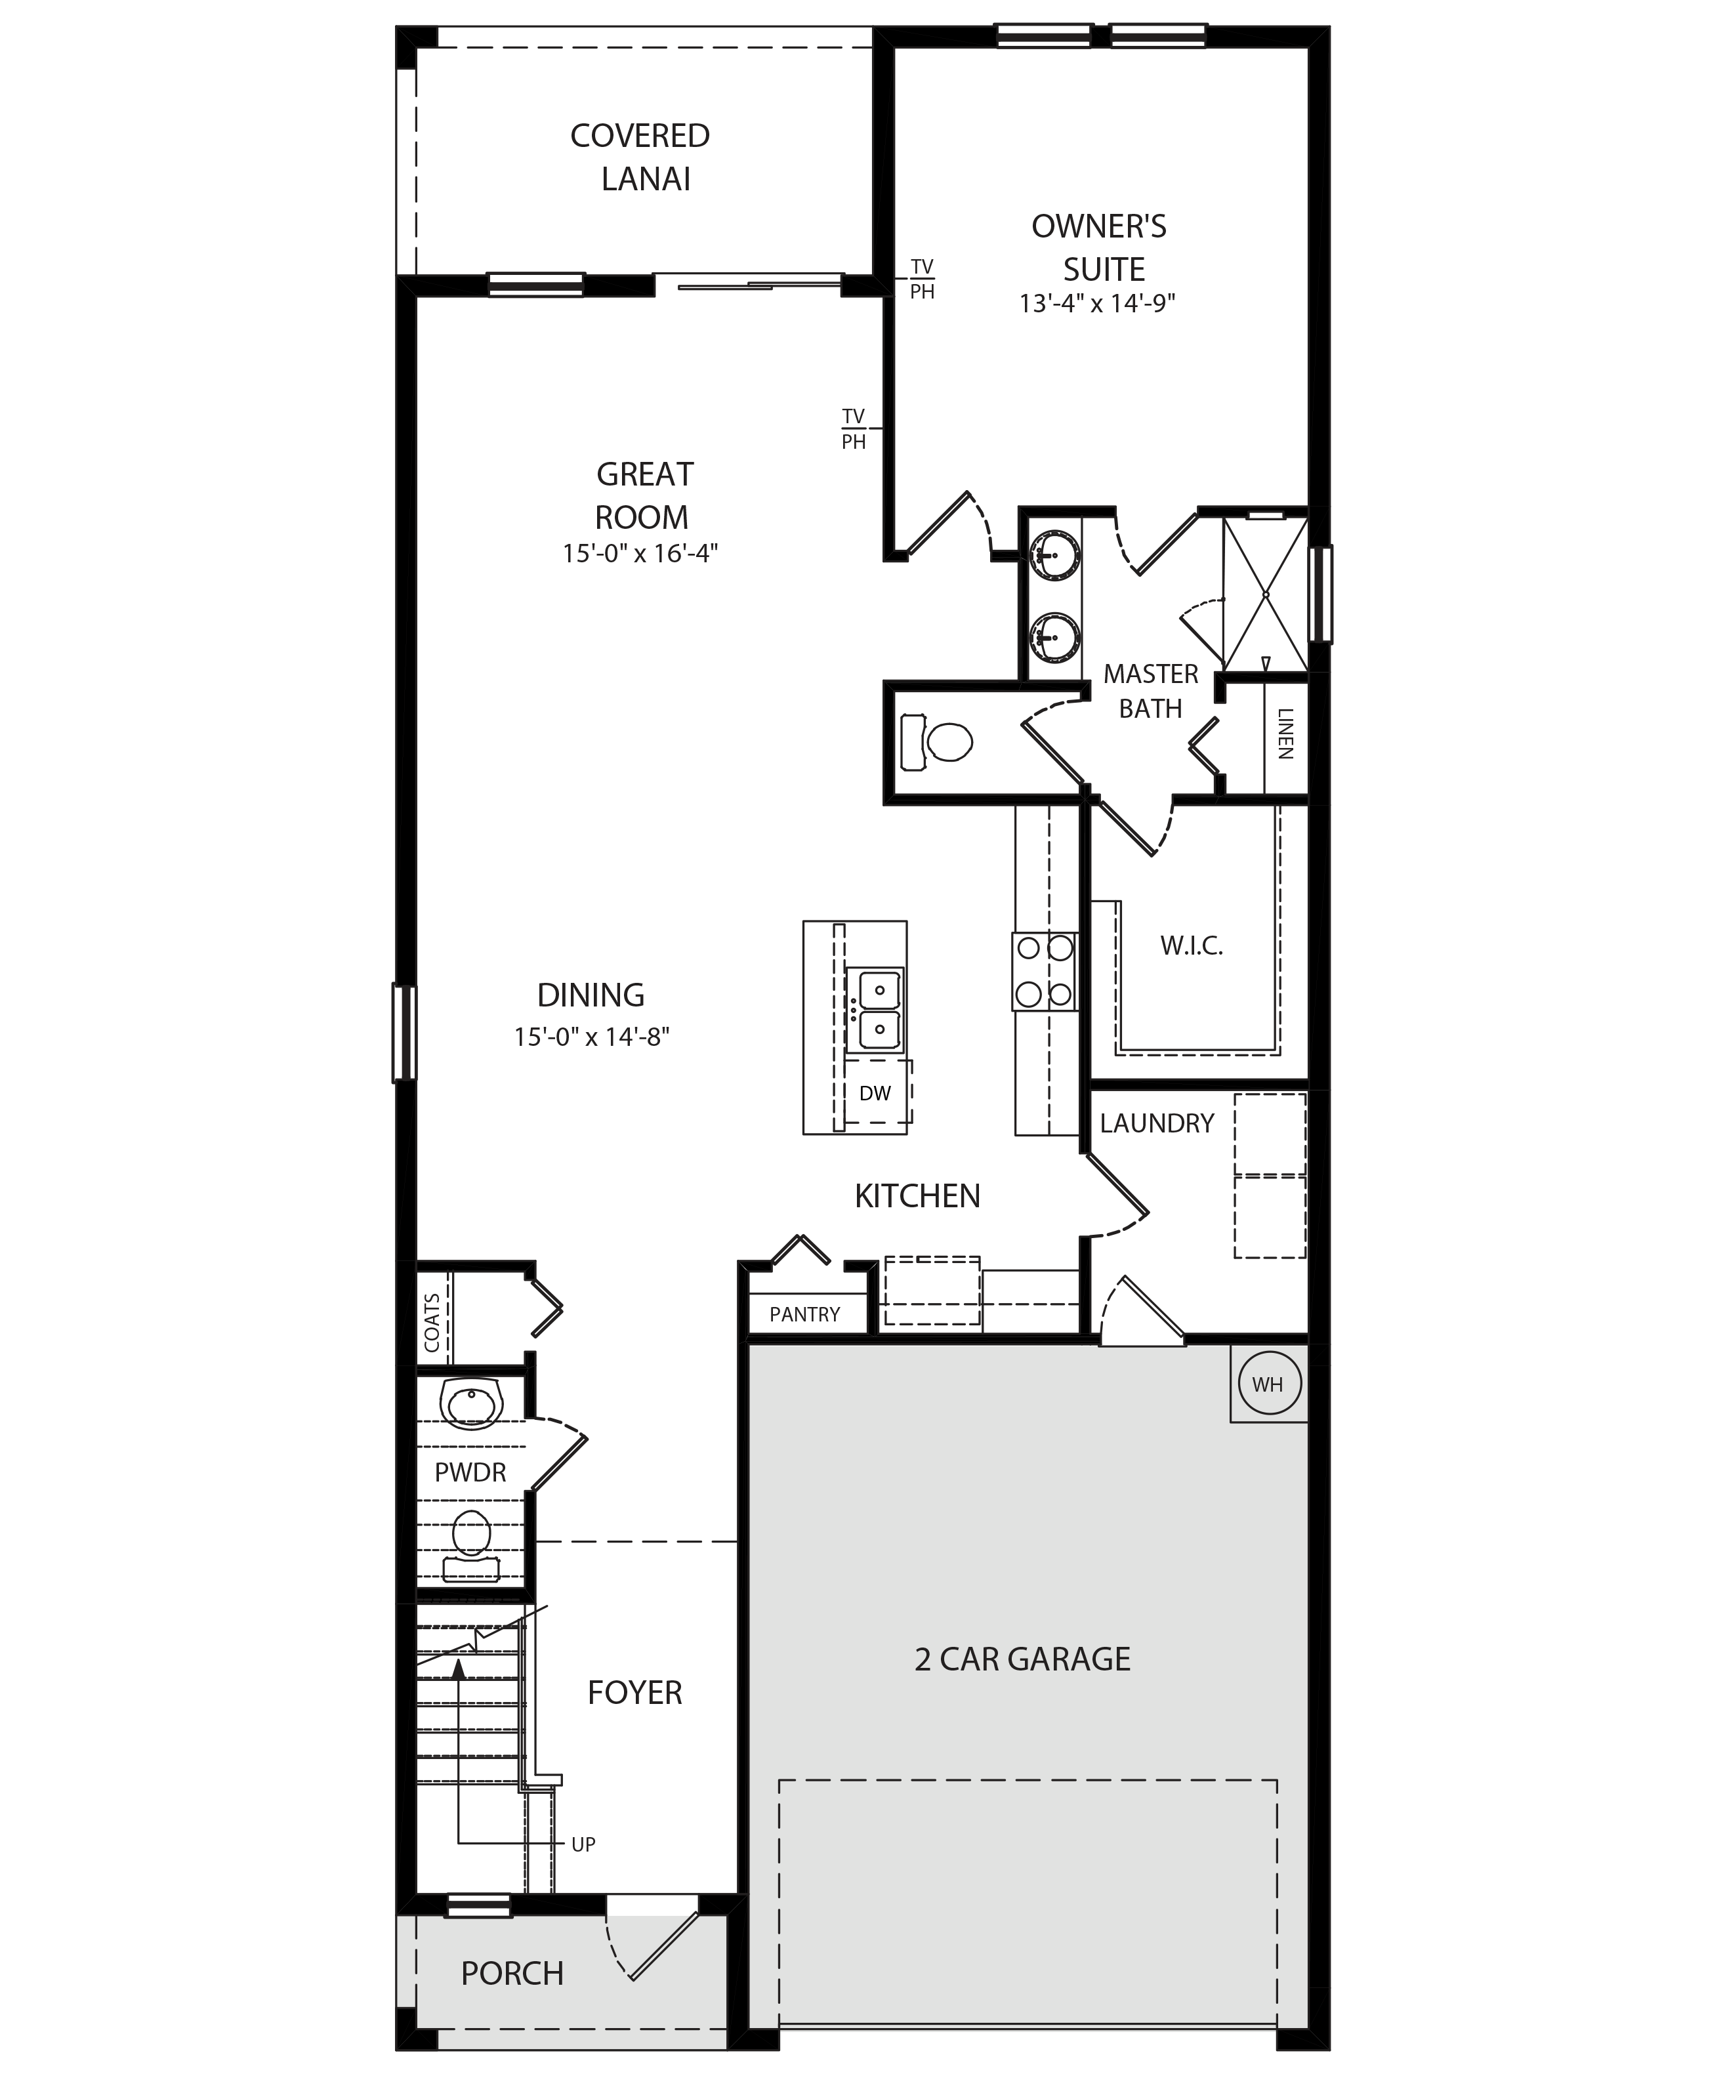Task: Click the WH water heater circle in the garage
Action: point(1268,1384)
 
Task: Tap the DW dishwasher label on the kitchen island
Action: point(875,1093)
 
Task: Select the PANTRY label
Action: point(804,1314)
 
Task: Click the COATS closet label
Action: point(432,1323)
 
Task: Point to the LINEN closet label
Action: point(1285,733)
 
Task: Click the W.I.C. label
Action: point(1192,946)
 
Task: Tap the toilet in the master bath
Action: point(936,741)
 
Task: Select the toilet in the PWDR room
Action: point(472,1548)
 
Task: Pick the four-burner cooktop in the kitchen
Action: point(1044,971)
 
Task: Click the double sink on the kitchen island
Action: point(875,1009)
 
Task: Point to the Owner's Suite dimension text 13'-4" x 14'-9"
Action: point(1097,303)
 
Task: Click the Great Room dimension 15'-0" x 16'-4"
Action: point(640,553)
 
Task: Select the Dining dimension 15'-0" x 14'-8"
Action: point(591,1037)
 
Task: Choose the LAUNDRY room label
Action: point(1156,1123)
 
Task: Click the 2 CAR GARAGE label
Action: point(1022,1659)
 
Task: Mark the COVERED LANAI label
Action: point(641,157)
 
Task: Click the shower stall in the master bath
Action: point(1265,594)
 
